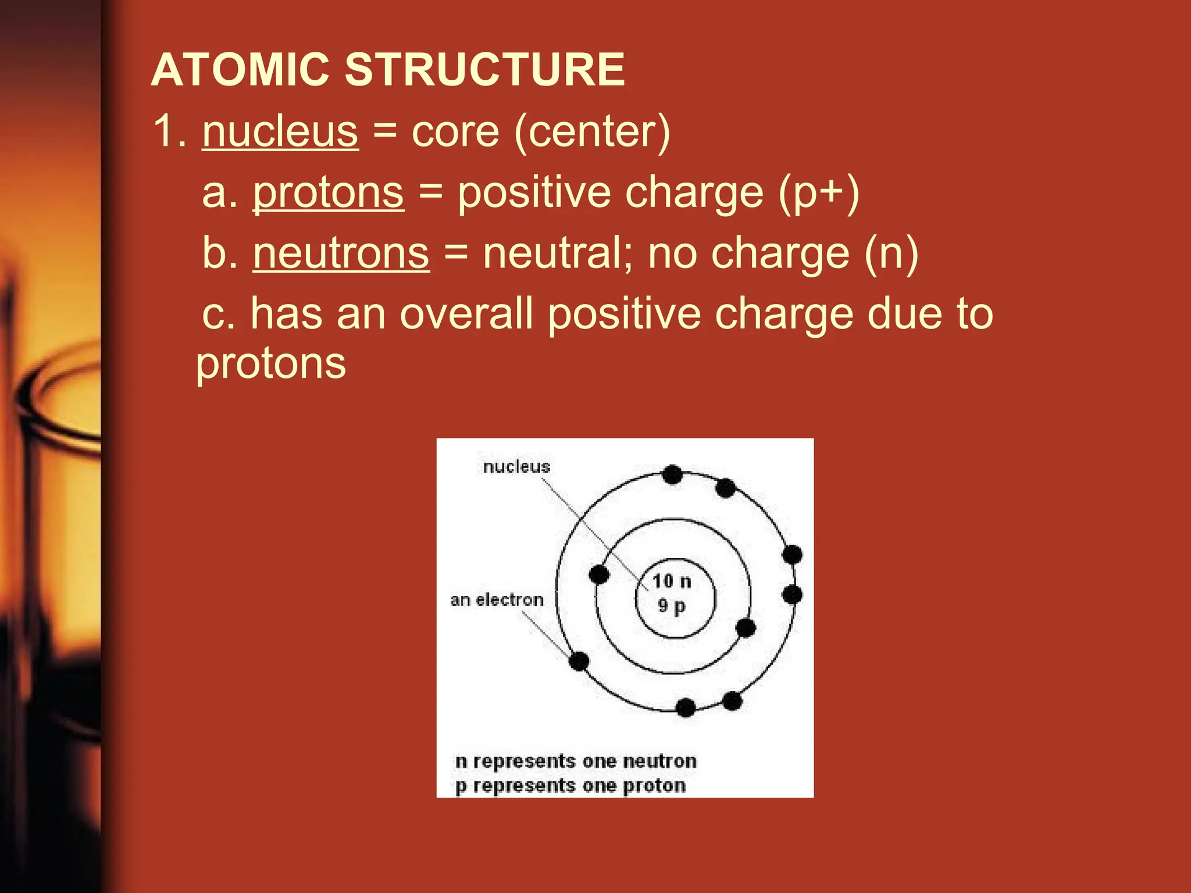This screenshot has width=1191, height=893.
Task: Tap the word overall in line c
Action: (x=466, y=314)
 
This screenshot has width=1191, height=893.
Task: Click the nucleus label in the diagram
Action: (x=516, y=466)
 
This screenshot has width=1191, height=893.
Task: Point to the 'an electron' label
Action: (x=497, y=599)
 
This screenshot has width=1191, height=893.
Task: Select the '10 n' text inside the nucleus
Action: (x=672, y=581)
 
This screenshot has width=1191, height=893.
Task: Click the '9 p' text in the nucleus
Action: (x=672, y=606)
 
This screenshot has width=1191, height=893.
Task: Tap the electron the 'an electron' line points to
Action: (x=579, y=661)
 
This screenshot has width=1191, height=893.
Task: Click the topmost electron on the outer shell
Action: (x=672, y=474)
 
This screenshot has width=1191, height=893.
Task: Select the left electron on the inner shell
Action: (x=599, y=574)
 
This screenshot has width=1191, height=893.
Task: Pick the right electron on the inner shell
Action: (x=746, y=628)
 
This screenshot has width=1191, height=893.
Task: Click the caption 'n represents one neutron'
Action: (x=576, y=761)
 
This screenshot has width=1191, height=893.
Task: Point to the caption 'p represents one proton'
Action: (x=570, y=785)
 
